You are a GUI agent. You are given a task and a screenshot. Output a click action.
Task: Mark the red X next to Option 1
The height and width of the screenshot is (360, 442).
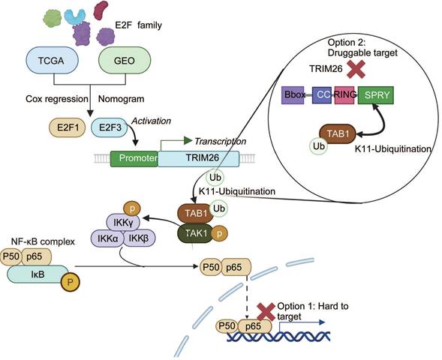[x=266, y=310]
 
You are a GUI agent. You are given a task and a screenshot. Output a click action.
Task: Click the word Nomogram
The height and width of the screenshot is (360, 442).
[x=119, y=98]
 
